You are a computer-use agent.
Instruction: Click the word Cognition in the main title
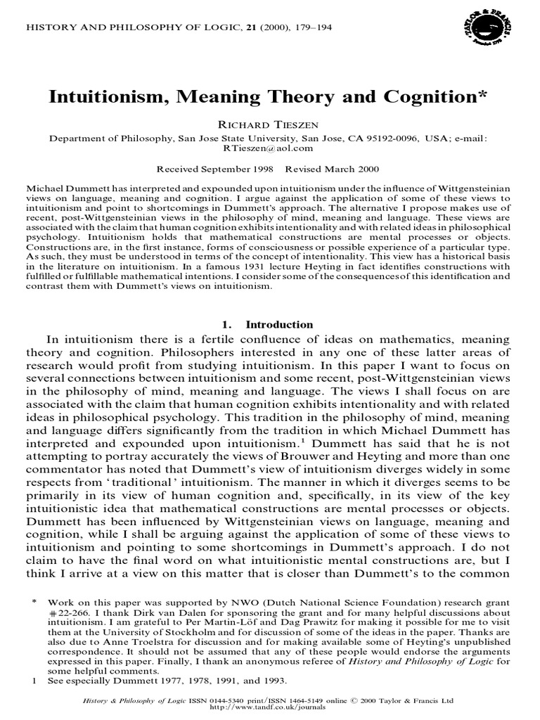[437, 97]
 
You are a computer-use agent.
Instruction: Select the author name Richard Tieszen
[270, 124]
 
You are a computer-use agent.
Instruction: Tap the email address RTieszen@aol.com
[271, 148]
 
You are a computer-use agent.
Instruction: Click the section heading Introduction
[279, 325]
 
